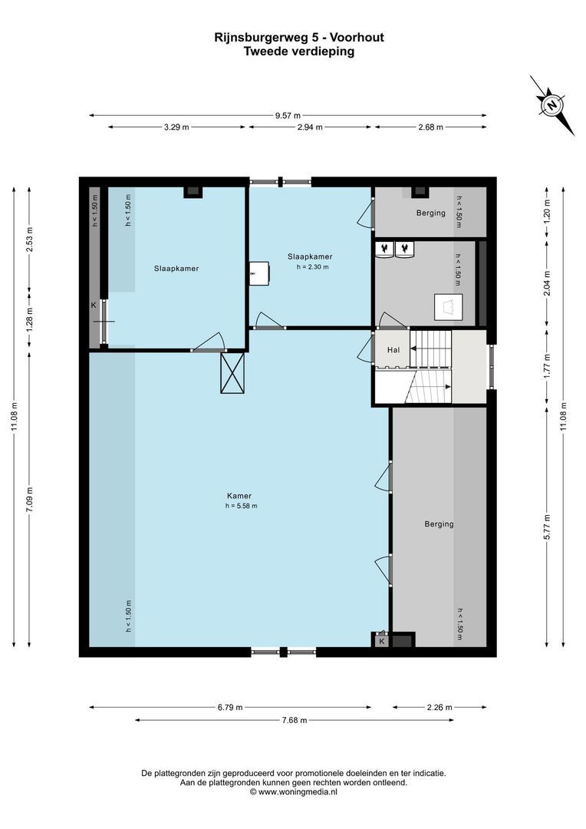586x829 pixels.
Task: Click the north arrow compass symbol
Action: click(551, 105)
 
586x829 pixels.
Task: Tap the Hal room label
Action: click(393, 349)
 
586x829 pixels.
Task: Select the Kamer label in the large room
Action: click(239, 496)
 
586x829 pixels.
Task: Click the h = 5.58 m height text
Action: click(241, 506)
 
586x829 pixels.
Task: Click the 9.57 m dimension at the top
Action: click(288, 116)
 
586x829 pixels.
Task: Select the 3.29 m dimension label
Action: click(176, 127)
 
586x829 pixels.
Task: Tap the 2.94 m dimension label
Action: click(310, 127)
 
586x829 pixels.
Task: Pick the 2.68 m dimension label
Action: click(430, 127)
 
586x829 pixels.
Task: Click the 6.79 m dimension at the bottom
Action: click(230, 708)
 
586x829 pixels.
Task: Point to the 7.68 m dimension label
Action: click(294, 720)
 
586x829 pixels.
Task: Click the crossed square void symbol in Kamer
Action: click(232, 373)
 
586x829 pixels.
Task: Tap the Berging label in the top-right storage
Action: click(430, 213)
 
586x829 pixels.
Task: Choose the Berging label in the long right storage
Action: click(439, 524)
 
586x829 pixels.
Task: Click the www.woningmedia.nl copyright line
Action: click(293, 792)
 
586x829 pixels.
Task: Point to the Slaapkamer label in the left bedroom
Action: click(176, 269)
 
